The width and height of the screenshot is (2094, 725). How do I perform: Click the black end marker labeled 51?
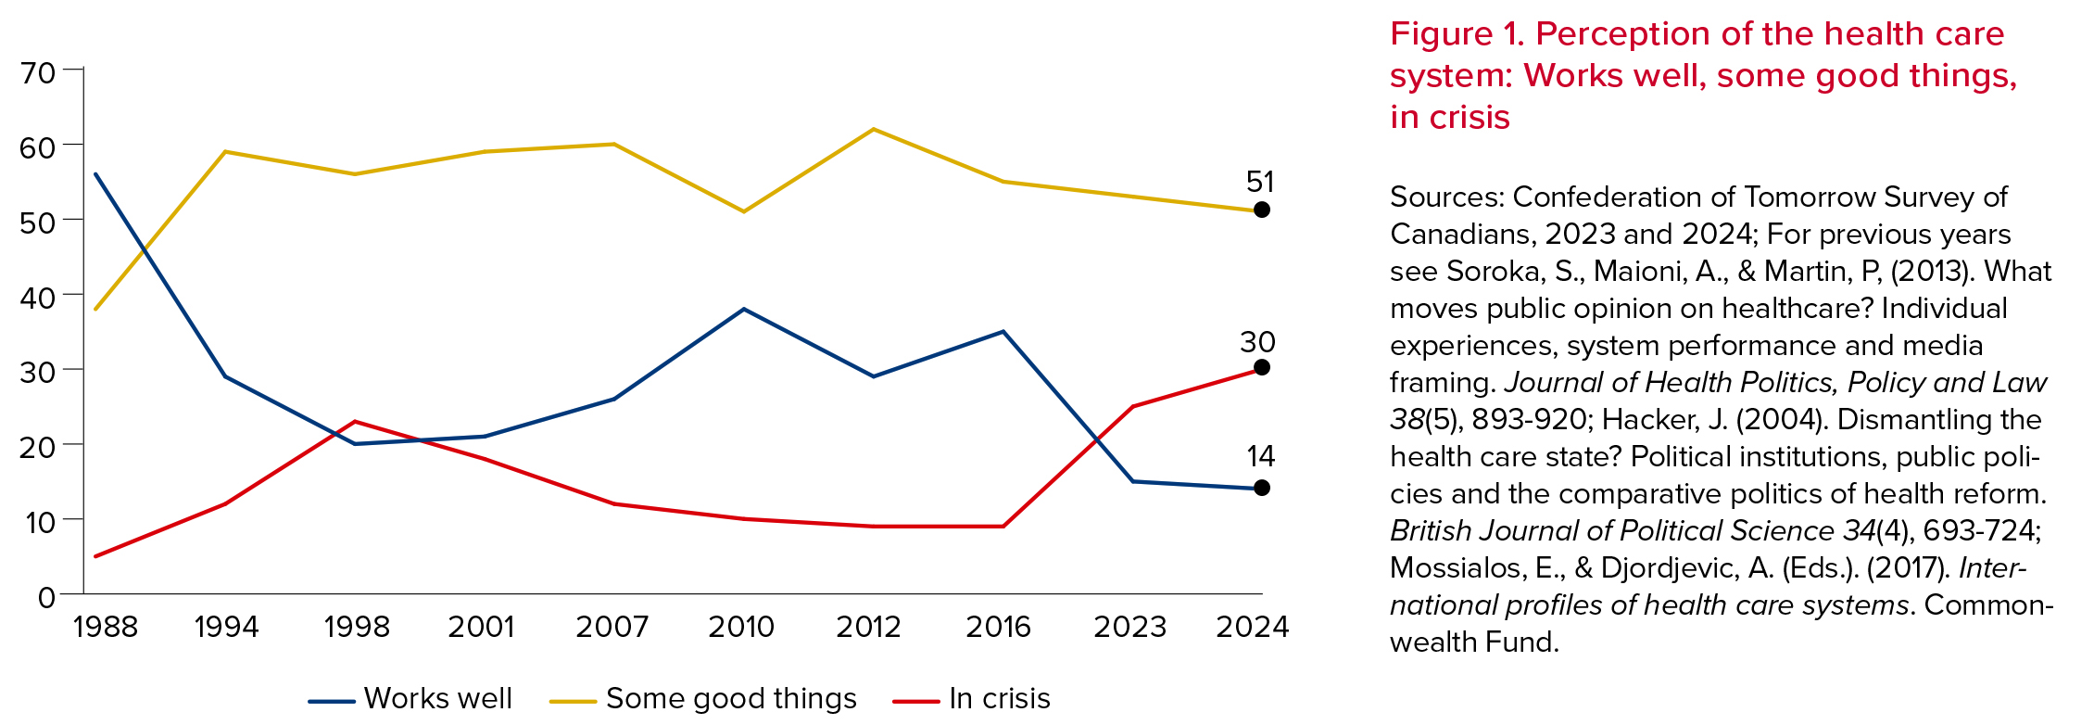(1261, 210)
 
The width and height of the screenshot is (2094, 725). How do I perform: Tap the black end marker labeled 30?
(1261, 368)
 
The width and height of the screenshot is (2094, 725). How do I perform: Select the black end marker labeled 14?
(1261, 488)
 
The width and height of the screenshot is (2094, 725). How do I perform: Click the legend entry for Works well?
(410, 699)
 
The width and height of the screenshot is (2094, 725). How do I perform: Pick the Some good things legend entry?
(703, 699)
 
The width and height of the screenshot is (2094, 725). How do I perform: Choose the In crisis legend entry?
(972, 699)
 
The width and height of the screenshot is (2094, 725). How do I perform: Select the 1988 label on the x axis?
(105, 628)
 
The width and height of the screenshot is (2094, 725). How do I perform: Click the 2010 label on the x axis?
(741, 628)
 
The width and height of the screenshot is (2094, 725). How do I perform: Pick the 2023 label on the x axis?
(1129, 628)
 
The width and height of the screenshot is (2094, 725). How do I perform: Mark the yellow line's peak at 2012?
(873, 129)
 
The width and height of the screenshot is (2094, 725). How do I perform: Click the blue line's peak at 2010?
(743, 309)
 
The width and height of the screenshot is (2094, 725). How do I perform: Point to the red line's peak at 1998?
(355, 422)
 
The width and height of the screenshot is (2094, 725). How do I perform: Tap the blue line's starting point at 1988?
(96, 174)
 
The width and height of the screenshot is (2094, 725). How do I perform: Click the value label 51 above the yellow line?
(1260, 182)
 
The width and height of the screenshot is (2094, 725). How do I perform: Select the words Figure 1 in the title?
(1454, 34)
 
